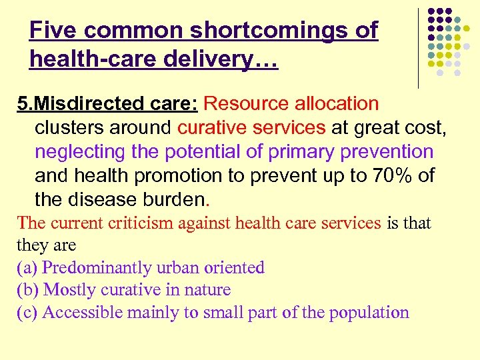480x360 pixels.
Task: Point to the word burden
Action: coord(175,200)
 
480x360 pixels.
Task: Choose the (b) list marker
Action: coord(27,290)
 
